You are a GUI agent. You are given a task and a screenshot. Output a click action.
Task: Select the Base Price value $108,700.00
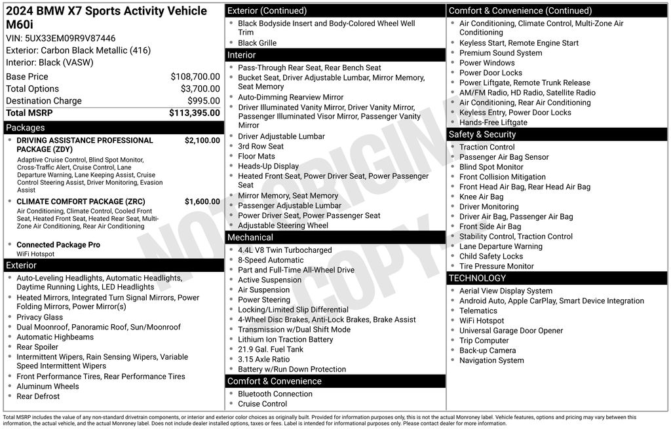(195, 77)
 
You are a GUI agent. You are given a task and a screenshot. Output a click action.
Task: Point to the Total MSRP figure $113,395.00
(195, 113)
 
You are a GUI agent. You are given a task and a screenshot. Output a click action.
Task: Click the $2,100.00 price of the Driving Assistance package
(202, 140)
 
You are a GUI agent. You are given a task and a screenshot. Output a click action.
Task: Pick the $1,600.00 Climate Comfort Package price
(202, 202)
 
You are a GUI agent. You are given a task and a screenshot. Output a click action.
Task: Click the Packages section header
(26, 128)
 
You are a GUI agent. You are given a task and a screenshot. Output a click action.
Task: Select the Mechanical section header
(250, 237)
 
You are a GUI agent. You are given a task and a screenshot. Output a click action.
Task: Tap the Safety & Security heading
(482, 134)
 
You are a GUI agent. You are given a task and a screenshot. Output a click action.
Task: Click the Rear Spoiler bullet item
(37, 347)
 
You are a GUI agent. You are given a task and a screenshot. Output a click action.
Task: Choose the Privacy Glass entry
(39, 317)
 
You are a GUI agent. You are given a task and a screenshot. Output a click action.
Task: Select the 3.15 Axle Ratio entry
(263, 359)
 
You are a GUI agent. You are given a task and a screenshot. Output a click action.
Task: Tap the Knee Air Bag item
(481, 196)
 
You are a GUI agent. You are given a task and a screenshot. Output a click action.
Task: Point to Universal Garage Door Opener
(511, 331)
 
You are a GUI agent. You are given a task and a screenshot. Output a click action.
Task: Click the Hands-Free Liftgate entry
(493, 122)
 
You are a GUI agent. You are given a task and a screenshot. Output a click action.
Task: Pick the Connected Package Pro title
(58, 245)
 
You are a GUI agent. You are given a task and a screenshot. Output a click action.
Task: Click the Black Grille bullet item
(257, 43)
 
